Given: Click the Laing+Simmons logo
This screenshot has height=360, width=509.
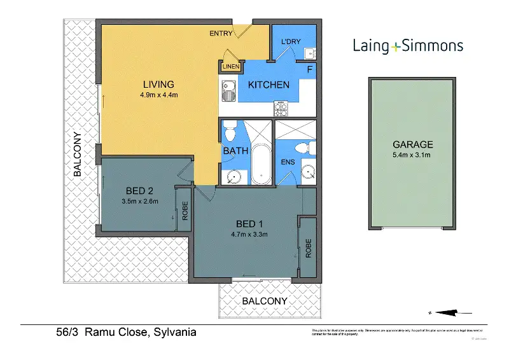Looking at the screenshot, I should coord(408,46).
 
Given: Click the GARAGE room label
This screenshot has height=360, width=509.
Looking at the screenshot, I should coord(412,144).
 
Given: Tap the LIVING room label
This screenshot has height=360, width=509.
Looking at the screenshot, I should coord(158,85).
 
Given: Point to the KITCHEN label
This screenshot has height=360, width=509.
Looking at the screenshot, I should coord(268,85).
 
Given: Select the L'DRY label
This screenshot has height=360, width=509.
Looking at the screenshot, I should coord(289,42).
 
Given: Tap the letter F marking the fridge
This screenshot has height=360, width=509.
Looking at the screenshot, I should coord(309,69).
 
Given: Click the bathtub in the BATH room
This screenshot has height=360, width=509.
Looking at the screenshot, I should coord(261,162).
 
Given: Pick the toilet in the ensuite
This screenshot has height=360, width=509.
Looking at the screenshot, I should coord(306,148).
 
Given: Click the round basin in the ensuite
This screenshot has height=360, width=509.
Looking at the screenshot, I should coord(307,171).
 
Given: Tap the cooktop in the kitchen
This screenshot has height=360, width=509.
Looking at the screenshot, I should coord(281,109).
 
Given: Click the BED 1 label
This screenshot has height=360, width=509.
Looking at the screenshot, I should coord(249,224).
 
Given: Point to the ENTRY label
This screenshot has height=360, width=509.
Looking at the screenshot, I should coord(221,34).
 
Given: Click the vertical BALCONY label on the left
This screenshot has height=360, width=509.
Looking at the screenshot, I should coord(77,154).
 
